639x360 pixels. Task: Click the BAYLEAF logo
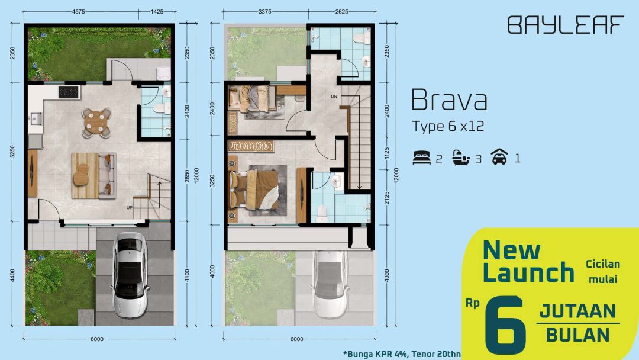point(566,25)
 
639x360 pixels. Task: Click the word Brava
point(449,100)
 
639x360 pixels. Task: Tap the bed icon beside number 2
point(421,157)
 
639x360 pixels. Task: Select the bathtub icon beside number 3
point(461,157)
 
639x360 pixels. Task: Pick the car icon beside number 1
point(499,156)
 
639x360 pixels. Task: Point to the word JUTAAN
point(577,311)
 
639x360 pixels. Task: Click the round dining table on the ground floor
point(96,123)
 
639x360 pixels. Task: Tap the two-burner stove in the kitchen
point(69,92)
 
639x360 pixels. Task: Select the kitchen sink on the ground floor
point(35,118)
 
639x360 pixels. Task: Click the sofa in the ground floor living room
point(108,175)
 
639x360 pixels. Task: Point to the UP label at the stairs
point(129,208)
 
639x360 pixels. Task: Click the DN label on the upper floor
point(334,97)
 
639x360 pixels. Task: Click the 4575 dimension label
point(78,11)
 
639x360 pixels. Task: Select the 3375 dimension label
point(265,11)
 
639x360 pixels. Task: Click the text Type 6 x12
point(448,126)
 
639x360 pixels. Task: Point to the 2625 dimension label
point(341,11)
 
